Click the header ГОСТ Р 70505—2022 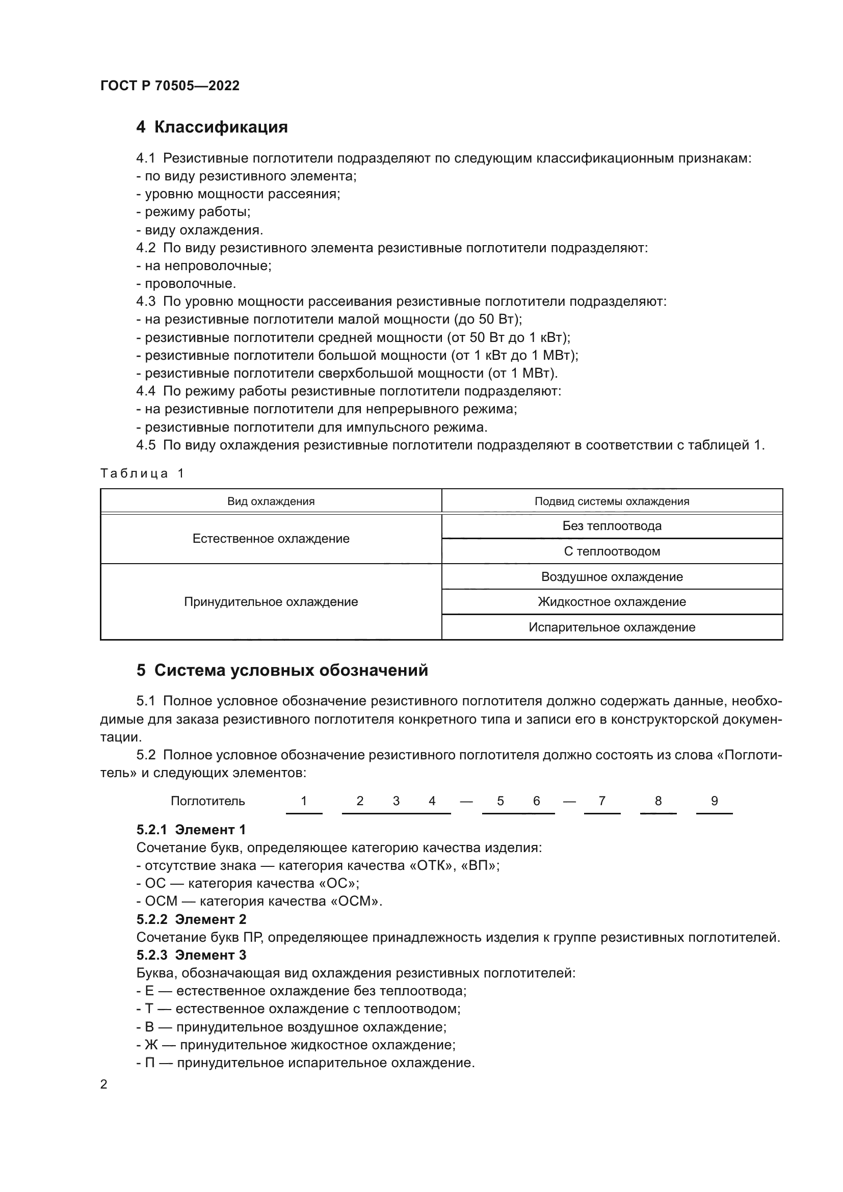(x=170, y=86)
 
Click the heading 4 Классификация (x=212, y=127)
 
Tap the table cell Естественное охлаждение (x=271, y=539)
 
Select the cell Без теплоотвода (x=612, y=526)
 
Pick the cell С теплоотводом (x=612, y=551)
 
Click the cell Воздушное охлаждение (x=612, y=577)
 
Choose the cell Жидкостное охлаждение (x=612, y=602)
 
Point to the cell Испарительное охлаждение (x=612, y=627)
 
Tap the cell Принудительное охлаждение (x=271, y=602)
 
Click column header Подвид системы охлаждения (x=612, y=501)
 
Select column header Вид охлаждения (x=271, y=501)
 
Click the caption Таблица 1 (x=142, y=473)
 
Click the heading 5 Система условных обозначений (x=282, y=670)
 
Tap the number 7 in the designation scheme (x=602, y=801)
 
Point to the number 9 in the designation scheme (x=714, y=801)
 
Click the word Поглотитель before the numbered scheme (x=207, y=801)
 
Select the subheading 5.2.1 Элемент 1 (x=191, y=830)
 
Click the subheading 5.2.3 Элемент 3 (x=191, y=955)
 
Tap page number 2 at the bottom (x=104, y=1084)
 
